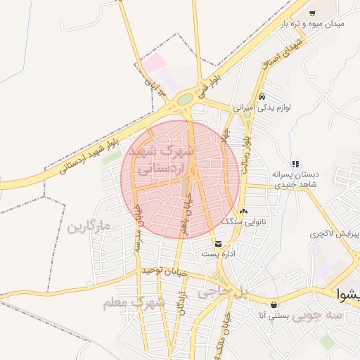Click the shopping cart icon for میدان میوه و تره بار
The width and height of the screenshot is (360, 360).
point(312,13)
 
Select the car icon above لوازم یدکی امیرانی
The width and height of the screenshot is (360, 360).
point(262,96)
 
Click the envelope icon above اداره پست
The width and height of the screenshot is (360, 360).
point(219,244)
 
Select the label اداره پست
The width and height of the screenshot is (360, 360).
point(219,254)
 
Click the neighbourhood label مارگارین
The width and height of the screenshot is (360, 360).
point(90,227)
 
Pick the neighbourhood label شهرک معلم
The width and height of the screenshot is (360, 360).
point(133,303)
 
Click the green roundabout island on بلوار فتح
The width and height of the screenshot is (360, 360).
point(184,100)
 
